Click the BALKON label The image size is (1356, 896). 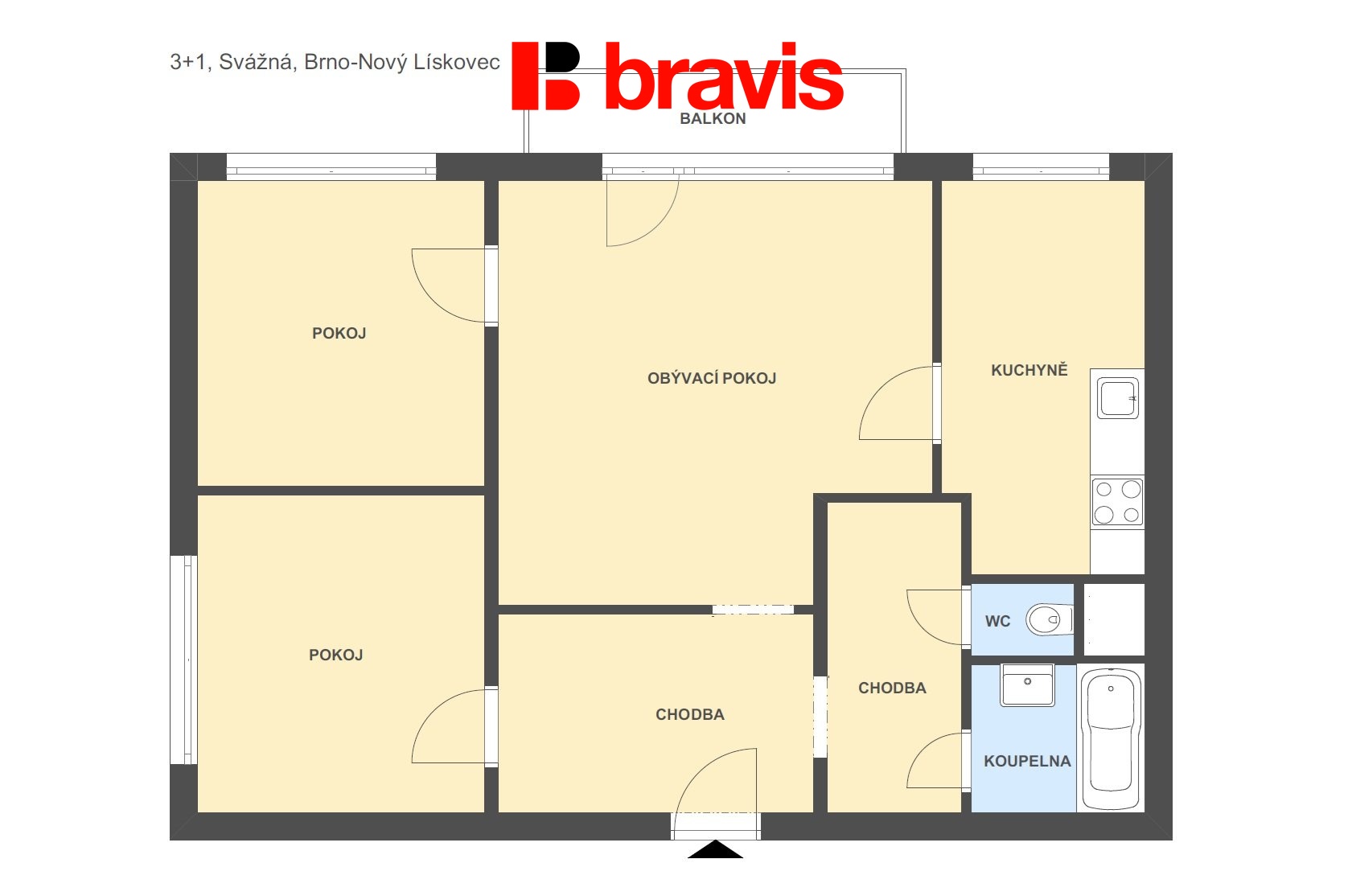[713, 119]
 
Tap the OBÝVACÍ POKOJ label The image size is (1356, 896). [712, 378]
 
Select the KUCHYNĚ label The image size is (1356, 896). [1029, 370]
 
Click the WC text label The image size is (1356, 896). [997, 621]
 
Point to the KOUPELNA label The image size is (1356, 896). [1027, 761]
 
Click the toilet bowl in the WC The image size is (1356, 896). [1049, 620]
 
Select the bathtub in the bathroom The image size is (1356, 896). [1111, 738]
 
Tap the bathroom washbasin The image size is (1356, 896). [1027, 685]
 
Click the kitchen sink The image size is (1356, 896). [1117, 398]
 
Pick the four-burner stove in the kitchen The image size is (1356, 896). [1117, 502]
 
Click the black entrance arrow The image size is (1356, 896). [716, 849]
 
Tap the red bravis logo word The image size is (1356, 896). [724, 76]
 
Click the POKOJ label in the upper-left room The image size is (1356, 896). [339, 333]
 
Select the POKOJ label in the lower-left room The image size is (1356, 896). [336, 655]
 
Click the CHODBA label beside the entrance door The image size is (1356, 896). [690, 714]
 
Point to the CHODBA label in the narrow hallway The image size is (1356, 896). [892, 688]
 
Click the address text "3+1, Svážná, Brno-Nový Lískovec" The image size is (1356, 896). [335, 63]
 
